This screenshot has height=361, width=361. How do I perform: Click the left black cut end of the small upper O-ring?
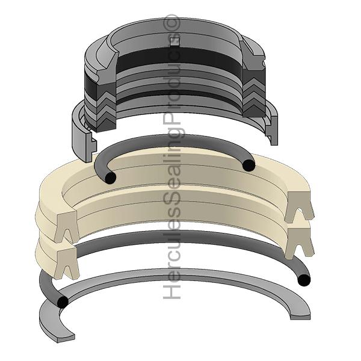click(x=110, y=178)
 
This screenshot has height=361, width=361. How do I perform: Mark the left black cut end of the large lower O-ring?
click(x=61, y=303)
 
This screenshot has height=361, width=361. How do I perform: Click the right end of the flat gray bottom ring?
click(x=301, y=313)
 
